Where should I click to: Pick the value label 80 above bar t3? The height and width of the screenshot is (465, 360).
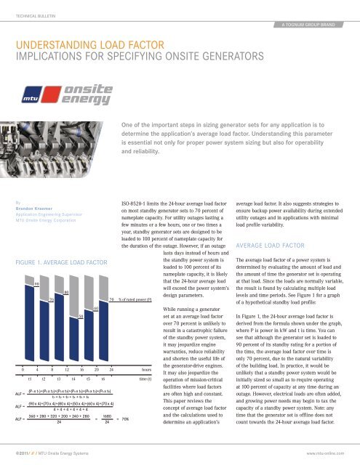pos(65,292)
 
